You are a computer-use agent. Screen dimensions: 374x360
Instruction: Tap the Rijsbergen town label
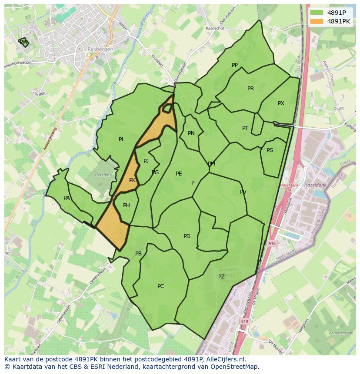pos(100,49)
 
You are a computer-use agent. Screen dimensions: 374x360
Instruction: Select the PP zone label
pos(235,65)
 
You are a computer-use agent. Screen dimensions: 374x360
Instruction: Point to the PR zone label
pos(250,89)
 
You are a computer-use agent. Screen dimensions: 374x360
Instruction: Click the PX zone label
pos(281,103)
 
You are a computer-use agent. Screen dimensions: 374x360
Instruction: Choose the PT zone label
pos(245,128)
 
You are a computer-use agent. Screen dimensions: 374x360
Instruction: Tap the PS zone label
pos(270,150)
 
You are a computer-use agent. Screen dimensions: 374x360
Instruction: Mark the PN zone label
pos(191,133)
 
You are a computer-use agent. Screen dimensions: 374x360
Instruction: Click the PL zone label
pos(122,139)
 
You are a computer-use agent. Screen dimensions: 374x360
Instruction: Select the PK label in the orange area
pos(133,180)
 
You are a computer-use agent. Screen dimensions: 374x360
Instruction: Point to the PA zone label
pos(67,198)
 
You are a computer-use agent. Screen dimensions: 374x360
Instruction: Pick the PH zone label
pos(127,205)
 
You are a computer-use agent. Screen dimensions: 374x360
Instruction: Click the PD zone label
pos(187,236)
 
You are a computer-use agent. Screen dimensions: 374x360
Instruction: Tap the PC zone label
pos(161,286)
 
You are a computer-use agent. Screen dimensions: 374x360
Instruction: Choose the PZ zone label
pos(221,277)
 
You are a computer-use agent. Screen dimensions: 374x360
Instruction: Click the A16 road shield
pos(272,244)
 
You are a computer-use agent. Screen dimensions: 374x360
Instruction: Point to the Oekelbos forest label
pos(103,175)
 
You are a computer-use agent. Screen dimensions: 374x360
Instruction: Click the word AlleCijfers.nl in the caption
pos(225,360)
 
